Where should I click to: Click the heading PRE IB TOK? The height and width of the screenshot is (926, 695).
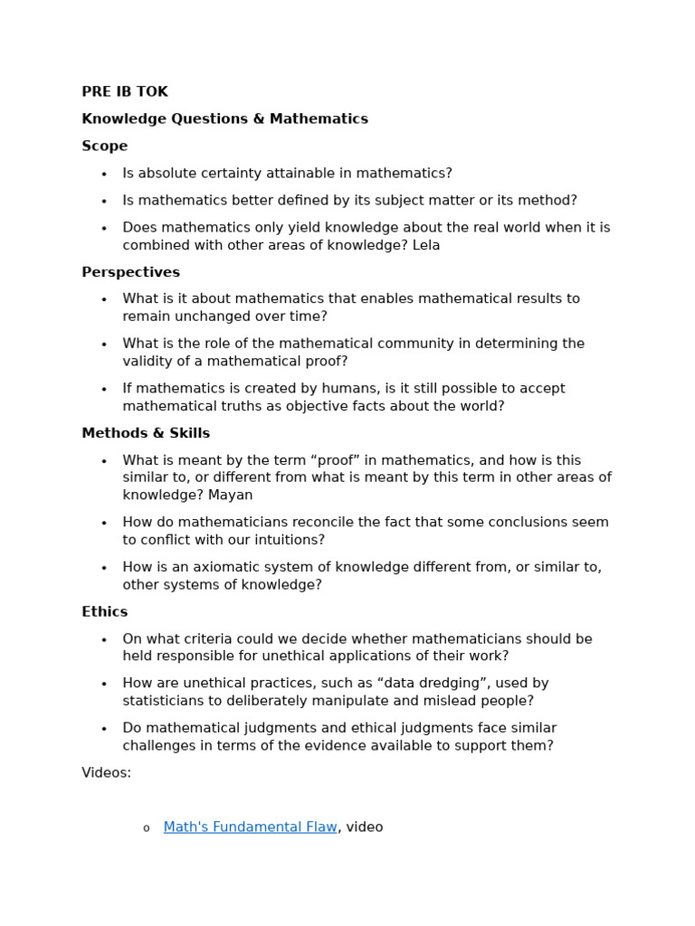coord(124,92)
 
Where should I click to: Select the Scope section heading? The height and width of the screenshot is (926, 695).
coord(104,146)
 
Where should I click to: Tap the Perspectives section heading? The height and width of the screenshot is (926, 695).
coord(130,272)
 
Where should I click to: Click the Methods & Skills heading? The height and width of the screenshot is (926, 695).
coord(146,433)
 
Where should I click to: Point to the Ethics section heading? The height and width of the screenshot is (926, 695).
coord(104,612)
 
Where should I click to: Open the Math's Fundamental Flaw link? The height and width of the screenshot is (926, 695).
coord(250,827)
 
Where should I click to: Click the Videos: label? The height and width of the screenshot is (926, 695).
coord(106,773)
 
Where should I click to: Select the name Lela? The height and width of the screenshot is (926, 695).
coord(426,246)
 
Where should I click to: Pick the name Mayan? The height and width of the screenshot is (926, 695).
coord(230,496)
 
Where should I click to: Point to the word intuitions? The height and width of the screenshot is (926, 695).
coord(285,541)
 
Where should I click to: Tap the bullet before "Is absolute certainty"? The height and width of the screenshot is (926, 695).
coord(104,175)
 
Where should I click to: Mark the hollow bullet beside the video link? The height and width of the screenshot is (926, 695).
coord(146,828)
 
